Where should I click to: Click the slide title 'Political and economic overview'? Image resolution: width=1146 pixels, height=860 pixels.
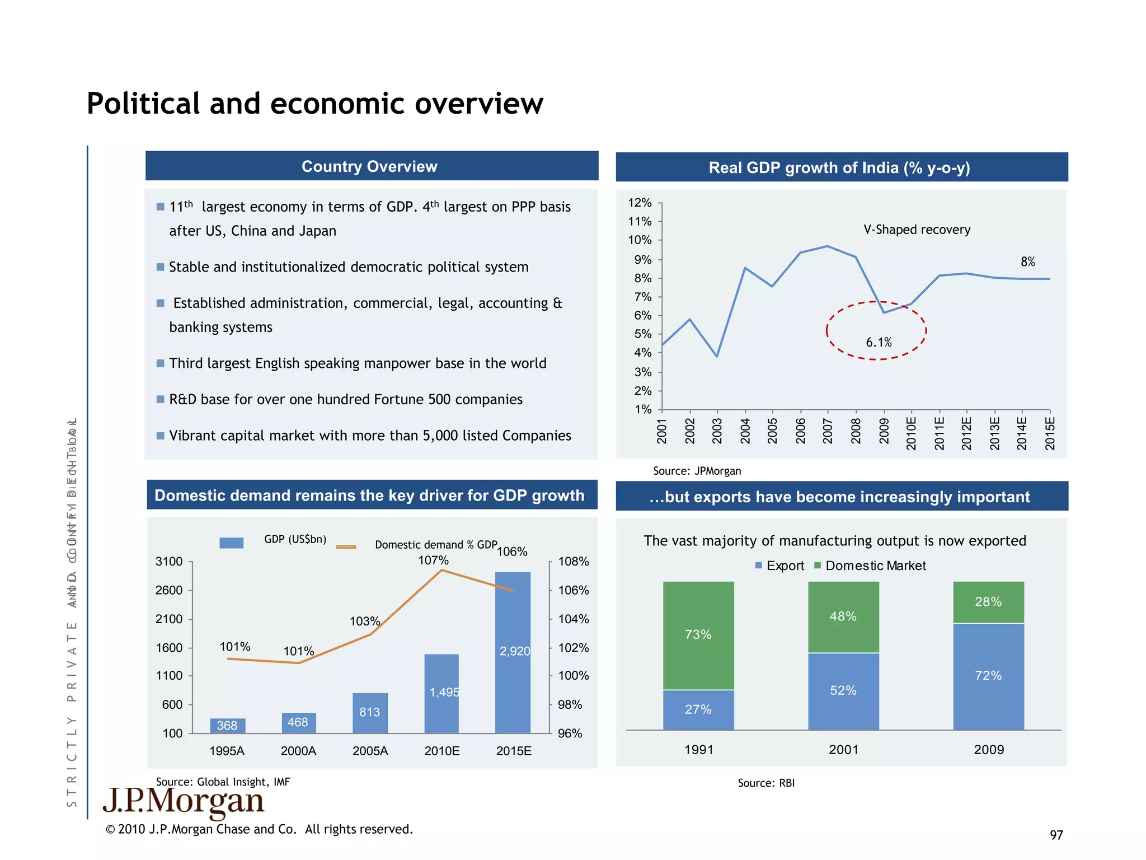(x=314, y=104)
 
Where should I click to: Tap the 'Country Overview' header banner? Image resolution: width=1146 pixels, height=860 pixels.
(x=369, y=166)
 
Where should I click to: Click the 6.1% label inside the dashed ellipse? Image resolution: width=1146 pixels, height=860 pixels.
(x=878, y=342)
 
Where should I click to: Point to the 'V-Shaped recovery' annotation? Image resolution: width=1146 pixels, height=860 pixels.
(x=916, y=230)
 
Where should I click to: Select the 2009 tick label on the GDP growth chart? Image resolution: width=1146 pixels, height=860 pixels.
(x=884, y=431)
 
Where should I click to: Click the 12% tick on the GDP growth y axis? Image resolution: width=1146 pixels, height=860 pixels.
(x=640, y=203)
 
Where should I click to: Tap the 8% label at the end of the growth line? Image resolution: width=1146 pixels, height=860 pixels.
(x=1027, y=261)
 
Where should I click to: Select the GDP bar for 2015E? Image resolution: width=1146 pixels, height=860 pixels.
(x=512, y=652)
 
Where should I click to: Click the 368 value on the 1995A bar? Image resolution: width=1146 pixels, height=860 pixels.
(x=227, y=726)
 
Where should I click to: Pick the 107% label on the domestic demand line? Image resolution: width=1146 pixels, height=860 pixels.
(x=433, y=560)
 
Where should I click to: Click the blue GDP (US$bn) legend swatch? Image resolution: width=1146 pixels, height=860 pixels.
(x=231, y=543)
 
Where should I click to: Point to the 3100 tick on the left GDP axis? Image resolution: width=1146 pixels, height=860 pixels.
(x=169, y=562)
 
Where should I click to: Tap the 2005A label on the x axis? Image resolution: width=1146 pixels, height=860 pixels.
(x=370, y=751)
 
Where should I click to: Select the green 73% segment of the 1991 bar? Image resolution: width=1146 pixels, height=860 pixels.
(x=698, y=635)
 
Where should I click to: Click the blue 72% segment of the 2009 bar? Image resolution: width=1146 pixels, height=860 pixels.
(x=988, y=676)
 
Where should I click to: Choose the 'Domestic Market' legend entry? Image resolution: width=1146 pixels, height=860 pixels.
(x=875, y=565)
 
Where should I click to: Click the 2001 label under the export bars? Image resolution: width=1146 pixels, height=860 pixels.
(x=843, y=750)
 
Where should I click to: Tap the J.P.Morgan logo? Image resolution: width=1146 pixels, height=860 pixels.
(x=184, y=802)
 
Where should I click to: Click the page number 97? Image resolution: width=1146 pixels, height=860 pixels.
(x=1055, y=835)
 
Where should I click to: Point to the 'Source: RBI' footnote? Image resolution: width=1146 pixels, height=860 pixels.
(x=765, y=783)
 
